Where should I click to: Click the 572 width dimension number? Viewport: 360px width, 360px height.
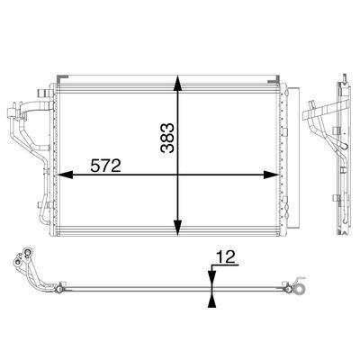tap(105, 166)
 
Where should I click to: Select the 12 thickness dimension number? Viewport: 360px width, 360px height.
tap(226, 256)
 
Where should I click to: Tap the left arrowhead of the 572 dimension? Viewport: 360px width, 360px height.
tap(65, 175)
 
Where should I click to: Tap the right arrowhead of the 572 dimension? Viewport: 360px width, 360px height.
tap(272, 175)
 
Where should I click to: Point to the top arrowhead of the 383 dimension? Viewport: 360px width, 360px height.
tap(178, 83)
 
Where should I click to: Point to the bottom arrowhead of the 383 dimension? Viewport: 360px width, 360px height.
tap(178, 228)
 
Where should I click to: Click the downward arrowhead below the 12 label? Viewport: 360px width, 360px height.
tap(212, 274)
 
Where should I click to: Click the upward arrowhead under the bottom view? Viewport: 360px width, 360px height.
tap(212, 301)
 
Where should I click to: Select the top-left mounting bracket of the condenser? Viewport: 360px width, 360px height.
tap(62, 78)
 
